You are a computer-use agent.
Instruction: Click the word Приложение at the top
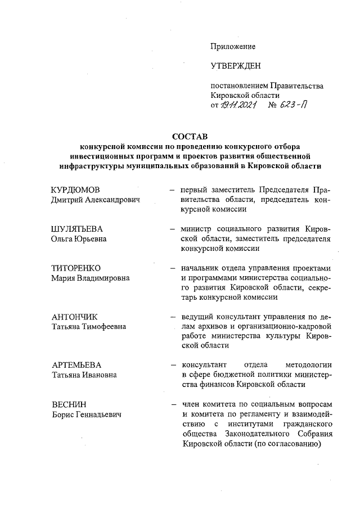click(x=233, y=46)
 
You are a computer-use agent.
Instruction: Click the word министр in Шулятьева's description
click(x=196, y=229)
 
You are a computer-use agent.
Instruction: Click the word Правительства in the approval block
click(x=297, y=86)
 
